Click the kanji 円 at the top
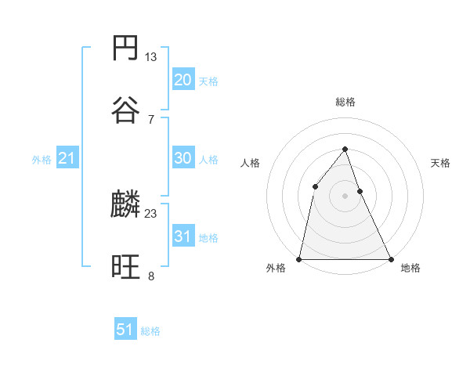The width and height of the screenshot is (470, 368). [125, 48]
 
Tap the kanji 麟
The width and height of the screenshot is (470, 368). [125, 205]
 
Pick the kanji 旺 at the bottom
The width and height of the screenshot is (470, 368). [125, 268]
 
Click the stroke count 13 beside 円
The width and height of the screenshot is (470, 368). [150, 57]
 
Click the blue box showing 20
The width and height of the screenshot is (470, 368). [183, 80]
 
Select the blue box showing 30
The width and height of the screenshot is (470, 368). [183, 158]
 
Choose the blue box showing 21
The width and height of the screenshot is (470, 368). [67, 158]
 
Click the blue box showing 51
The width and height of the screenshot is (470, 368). [125, 330]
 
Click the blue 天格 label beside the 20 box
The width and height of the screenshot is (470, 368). [208, 81]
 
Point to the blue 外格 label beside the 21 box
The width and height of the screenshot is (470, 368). [42, 160]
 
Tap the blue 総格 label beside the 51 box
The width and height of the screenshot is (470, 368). [150, 331]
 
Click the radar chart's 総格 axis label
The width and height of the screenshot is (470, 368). [345, 103]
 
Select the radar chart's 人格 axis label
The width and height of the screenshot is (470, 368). [251, 164]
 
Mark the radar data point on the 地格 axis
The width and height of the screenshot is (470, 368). [390, 258]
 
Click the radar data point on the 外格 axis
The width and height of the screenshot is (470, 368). [299, 258]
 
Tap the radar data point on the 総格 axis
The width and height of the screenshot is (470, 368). [345, 149]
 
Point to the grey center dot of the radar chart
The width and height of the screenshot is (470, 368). [345, 196]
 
